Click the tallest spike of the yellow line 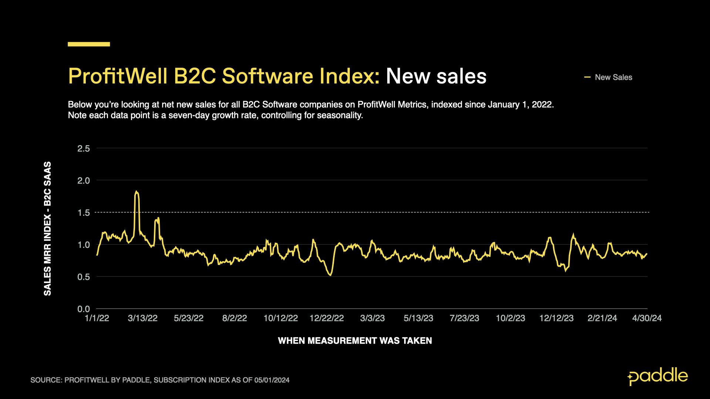point(136,192)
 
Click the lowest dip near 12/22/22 point(330,274)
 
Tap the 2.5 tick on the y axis point(84,149)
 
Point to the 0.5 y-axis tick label point(84,277)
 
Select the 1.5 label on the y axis point(84,213)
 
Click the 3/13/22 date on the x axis point(143,318)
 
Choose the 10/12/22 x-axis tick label point(281,318)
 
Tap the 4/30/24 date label point(647,318)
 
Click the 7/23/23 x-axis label point(464,318)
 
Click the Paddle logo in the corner point(657,376)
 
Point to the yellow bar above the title point(89,44)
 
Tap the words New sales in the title point(436,76)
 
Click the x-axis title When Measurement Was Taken point(355,341)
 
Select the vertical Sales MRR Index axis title point(47,229)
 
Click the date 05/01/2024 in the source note point(272,380)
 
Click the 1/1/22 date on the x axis point(97,318)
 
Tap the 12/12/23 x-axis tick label point(557,318)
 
